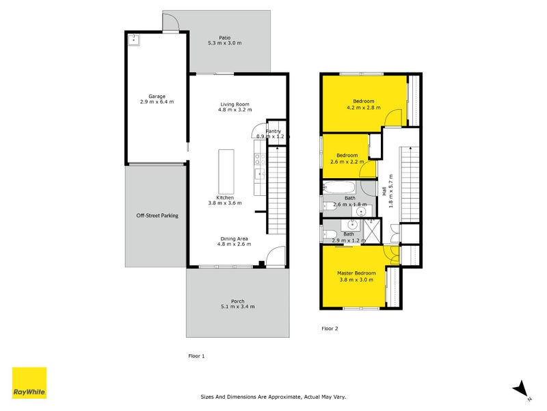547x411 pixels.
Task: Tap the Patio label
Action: coord(224,38)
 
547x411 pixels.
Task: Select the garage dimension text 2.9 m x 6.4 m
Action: coord(157,102)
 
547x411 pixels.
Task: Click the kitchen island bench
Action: coord(225,171)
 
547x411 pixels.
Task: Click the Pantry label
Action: coord(273,131)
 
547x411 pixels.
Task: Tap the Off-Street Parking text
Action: coord(157,216)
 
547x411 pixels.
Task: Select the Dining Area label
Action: coord(234,238)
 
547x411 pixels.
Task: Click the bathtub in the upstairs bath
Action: coord(338,187)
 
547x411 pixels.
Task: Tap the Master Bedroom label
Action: coord(356,273)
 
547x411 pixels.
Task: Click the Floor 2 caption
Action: coord(330,329)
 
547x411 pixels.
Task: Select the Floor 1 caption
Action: coord(196,356)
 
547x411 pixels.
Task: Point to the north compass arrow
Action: coord(522,388)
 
